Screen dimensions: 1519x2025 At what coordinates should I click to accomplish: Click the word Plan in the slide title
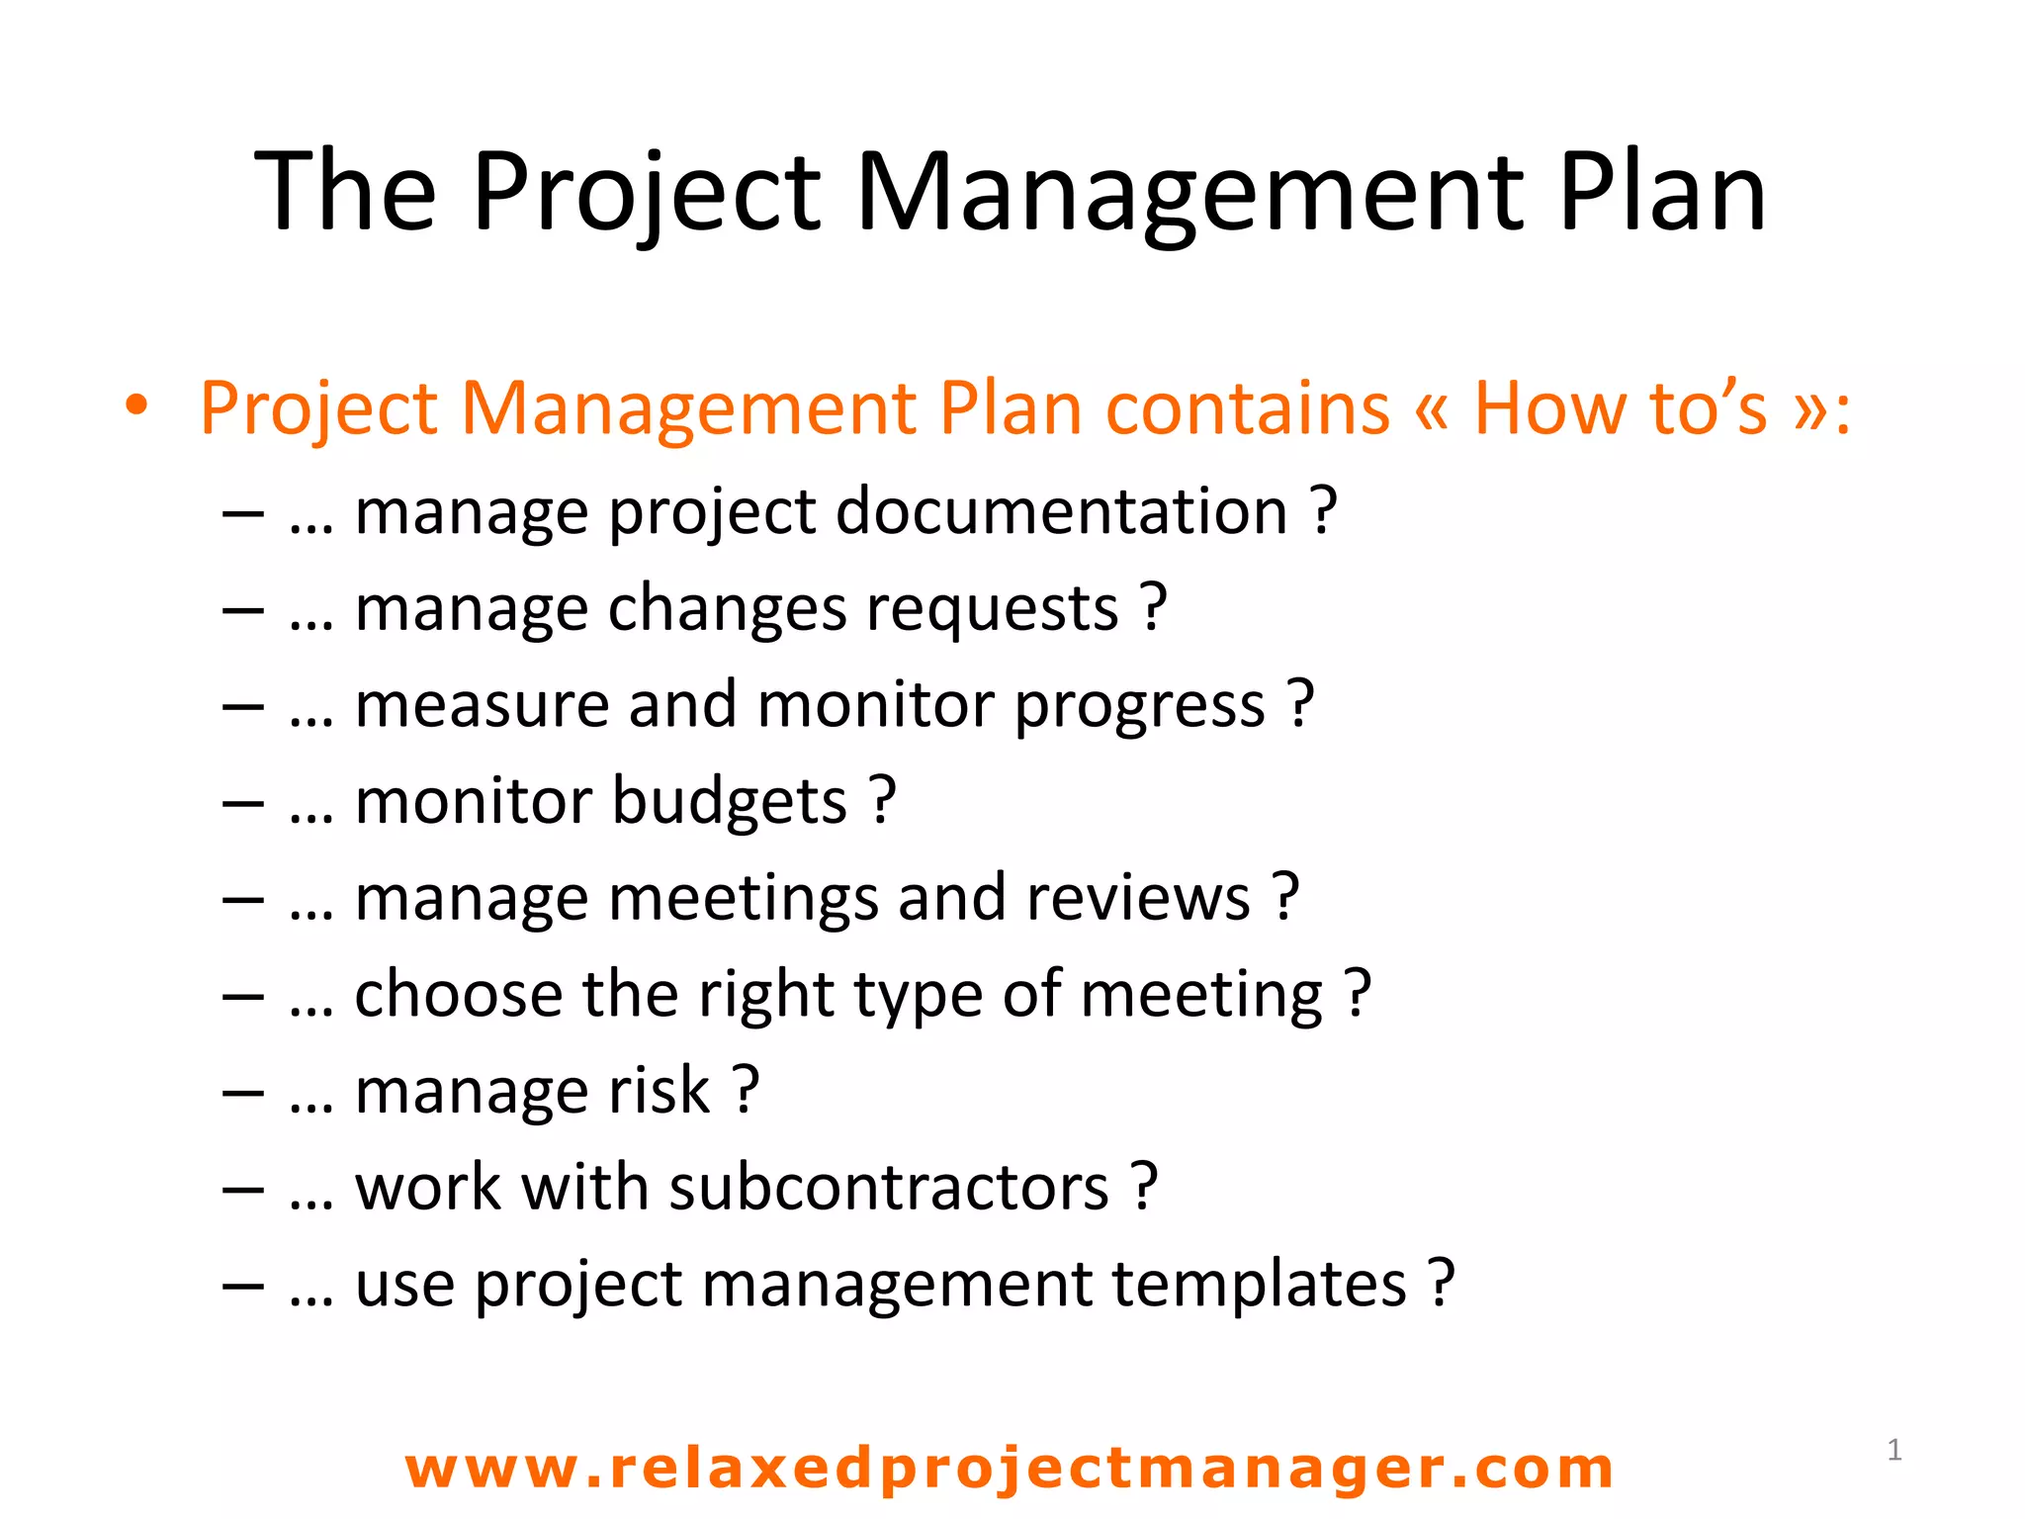pyautogui.click(x=1661, y=192)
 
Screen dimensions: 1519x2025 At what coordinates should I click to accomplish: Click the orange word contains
pyautogui.click(x=1247, y=407)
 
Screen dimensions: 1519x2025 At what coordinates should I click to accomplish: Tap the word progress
pyautogui.click(x=1139, y=706)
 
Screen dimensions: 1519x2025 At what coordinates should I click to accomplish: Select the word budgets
pyautogui.click(x=729, y=801)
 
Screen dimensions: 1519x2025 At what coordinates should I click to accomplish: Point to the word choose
pyautogui.click(x=459, y=994)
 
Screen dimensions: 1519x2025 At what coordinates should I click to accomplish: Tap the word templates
pyautogui.click(x=1258, y=1284)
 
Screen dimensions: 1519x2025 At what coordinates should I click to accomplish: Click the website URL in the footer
pyautogui.click(x=1009, y=1468)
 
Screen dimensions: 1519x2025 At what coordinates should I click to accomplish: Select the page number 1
pyautogui.click(x=1894, y=1450)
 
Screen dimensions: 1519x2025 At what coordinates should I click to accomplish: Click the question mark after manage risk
pyautogui.click(x=747, y=1091)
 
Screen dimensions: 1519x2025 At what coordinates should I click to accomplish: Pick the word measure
pyautogui.click(x=481, y=706)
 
